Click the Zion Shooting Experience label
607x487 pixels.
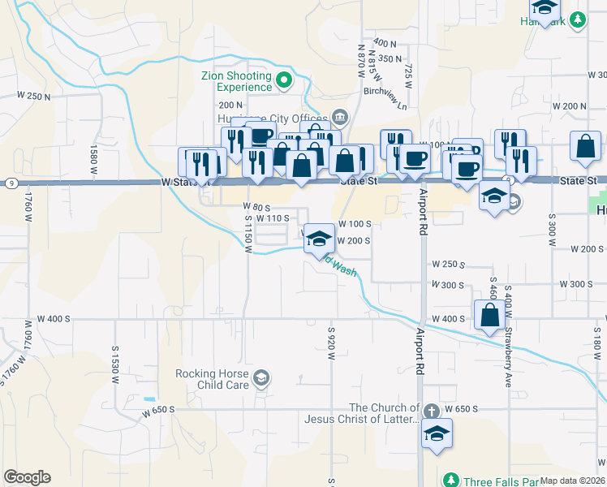pos(236,81)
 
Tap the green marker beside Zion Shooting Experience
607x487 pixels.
pos(284,80)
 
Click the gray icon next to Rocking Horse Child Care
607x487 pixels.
pos(261,377)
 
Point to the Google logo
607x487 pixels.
pos(27,477)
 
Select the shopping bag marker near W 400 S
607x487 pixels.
pos(489,316)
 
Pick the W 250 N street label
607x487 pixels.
pos(33,96)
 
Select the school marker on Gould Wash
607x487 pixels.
pos(320,239)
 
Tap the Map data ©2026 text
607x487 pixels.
pos(571,481)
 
